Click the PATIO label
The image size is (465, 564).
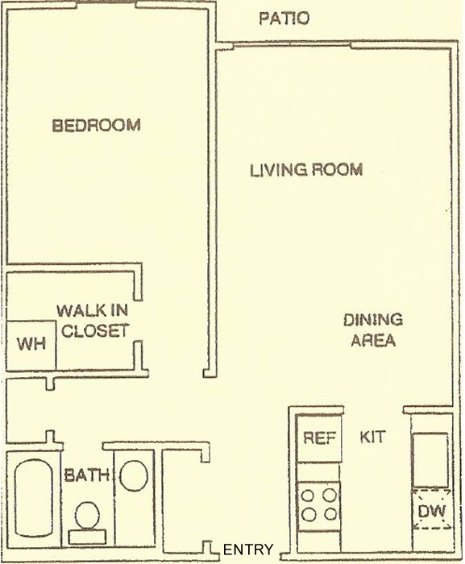pos(284,19)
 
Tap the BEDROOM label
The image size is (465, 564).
pos(96,125)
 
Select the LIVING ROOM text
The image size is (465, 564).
pos(306,170)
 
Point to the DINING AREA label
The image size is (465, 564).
pos(373,330)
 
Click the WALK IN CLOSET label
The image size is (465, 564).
pos(93,321)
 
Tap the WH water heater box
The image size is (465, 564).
pos(31,345)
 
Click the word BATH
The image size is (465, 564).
pos(86,475)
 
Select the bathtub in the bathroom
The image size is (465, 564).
pos(34,497)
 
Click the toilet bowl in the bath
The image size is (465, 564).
pos(87,515)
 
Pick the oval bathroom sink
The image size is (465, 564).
pos(134,475)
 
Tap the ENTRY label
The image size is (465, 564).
pos(248,549)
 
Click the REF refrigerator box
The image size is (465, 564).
pos(318,438)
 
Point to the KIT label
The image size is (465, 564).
pos(372,437)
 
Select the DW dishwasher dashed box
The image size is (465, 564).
pos(431,509)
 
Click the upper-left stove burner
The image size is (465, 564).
pos(308,496)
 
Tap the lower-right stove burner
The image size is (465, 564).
pos(330,514)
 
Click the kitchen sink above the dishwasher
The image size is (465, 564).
pos(430,460)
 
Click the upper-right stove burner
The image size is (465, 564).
pos(330,496)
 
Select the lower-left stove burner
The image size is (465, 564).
pos(309,514)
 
